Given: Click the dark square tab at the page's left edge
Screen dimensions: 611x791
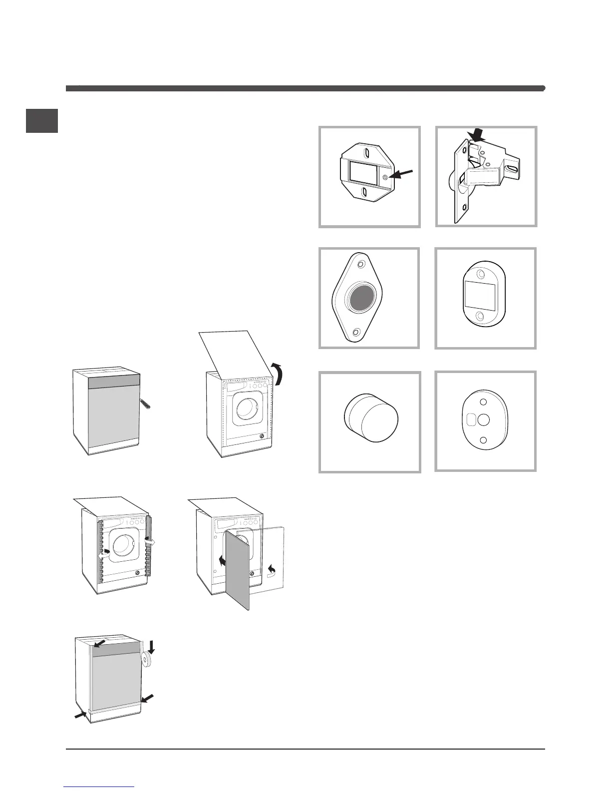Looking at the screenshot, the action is click(x=42, y=121).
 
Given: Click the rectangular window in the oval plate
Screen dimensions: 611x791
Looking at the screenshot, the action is click(x=480, y=296).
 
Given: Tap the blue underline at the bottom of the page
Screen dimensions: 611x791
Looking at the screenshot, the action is click(x=99, y=788).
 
